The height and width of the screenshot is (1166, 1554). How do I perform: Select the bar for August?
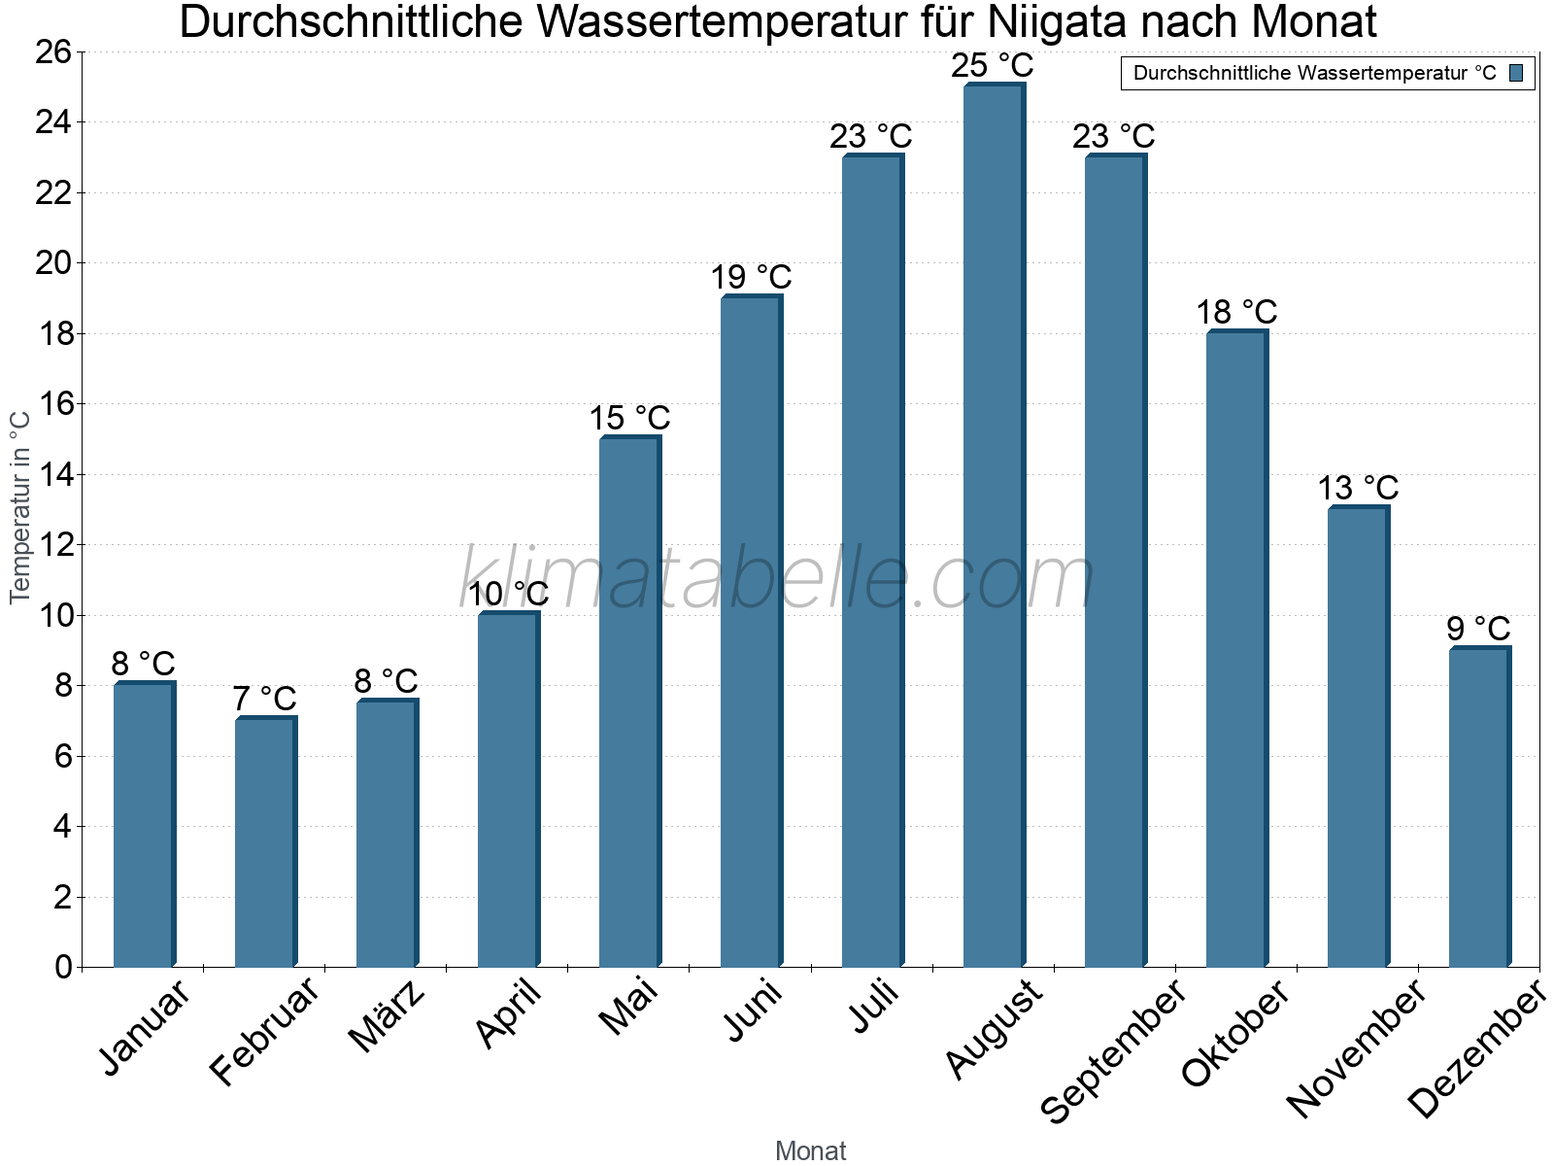coord(994,525)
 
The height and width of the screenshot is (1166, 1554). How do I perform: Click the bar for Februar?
coord(265,841)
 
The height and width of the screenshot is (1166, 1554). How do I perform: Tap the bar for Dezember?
coord(1479,806)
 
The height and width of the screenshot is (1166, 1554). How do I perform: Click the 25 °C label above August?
coord(993,66)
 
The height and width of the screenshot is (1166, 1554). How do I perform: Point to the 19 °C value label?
coord(751,278)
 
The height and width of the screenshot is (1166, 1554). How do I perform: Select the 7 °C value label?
coord(264,699)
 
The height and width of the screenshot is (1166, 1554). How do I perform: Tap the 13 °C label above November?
coord(1358,488)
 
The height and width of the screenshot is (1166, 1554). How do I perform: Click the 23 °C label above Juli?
coord(871,137)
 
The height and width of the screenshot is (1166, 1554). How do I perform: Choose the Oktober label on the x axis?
coord(1235,1034)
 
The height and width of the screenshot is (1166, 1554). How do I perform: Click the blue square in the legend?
coord(1516,73)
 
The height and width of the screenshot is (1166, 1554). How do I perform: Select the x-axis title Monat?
coord(811,1150)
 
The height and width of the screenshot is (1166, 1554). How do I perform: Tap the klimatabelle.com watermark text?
coord(777,579)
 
